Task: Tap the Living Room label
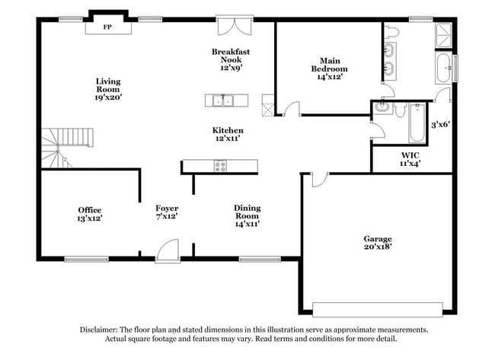click(108, 89)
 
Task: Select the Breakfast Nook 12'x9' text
click(231, 59)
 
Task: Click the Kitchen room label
click(228, 135)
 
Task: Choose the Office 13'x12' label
click(90, 214)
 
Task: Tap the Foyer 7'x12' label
click(167, 212)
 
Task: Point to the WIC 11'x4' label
click(410, 159)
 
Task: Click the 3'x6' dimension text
click(441, 125)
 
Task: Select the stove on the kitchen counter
click(221, 165)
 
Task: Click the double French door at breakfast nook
click(231, 27)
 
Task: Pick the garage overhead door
click(378, 309)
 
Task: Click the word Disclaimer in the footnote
click(101, 330)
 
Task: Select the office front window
click(86, 259)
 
